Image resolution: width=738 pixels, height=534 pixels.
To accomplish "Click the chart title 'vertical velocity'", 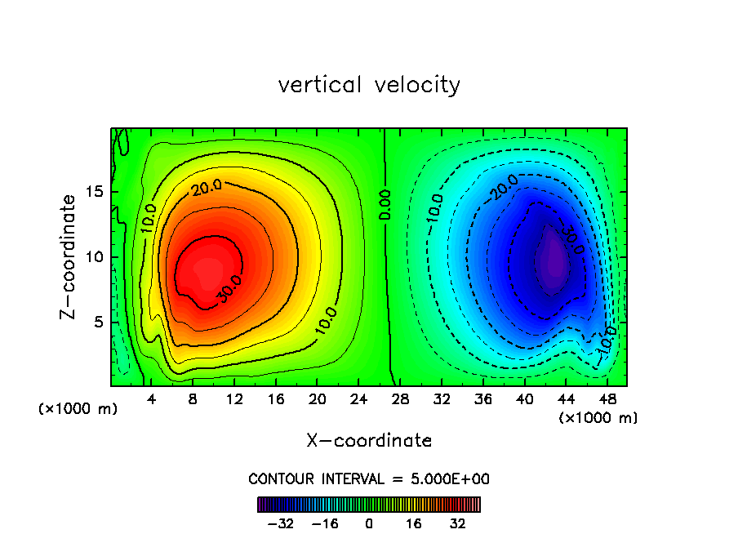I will tap(369, 85).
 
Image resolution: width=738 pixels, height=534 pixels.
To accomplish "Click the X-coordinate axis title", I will tap(369, 441).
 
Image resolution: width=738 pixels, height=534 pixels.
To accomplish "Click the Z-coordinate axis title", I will tap(69, 256).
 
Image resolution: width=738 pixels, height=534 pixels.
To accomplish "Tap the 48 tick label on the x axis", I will tap(607, 400).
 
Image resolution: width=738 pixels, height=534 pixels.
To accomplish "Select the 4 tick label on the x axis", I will tap(151, 400).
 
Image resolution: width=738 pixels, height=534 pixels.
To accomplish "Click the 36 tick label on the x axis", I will tap(483, 400).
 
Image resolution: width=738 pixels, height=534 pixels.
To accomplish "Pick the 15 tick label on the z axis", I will tap(96, 192).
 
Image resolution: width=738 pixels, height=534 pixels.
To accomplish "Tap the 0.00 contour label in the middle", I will tap(385, 205).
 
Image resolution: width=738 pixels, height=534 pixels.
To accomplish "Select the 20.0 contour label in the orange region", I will tap(207, 187).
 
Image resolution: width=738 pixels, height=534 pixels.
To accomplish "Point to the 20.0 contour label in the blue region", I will tap(504, 188).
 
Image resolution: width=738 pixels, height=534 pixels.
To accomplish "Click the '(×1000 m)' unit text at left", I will tap(78, 409).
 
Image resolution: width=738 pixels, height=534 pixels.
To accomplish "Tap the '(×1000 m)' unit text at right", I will tap(598, 418).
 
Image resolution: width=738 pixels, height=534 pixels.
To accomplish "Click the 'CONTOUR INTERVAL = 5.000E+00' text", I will tap(369, 478).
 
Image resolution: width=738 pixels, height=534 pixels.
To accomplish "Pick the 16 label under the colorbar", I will tap(414, 523).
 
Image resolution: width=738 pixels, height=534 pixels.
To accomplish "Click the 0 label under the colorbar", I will tap(369, 523).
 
